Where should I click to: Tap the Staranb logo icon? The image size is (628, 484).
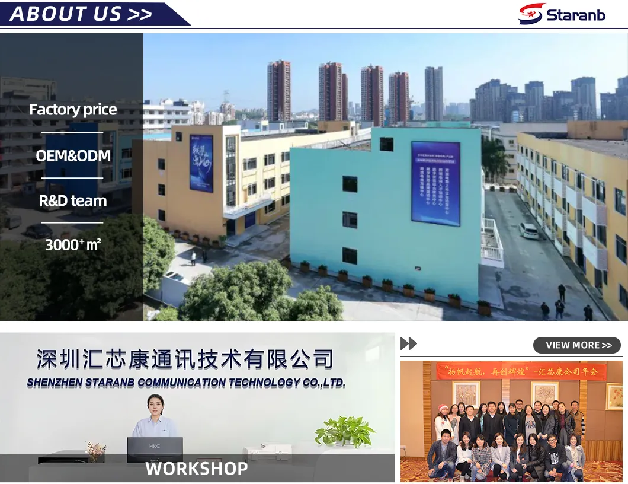[x=531, y=14]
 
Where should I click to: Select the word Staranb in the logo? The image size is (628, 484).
[x=576, y=15]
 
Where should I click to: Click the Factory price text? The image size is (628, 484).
[x=73, y=110]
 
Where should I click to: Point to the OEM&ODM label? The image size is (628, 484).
[x=73, y=156]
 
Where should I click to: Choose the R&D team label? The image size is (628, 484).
[x=73, y=201]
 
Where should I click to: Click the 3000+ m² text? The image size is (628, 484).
[x=73, y=244]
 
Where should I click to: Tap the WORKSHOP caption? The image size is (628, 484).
[x=197, y=469]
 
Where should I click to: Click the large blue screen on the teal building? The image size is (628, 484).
[x=435, y=183]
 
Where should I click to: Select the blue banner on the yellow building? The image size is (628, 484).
[x=201, y=163]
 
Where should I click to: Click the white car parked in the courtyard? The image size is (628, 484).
[x=528, y=231]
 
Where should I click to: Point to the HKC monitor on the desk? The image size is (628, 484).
[x=155, y=450]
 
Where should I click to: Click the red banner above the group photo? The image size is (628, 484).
[x=521, y=372]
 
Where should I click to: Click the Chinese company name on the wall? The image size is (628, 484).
[x=185, y=359]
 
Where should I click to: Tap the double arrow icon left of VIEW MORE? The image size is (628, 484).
[x=409, y=343]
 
